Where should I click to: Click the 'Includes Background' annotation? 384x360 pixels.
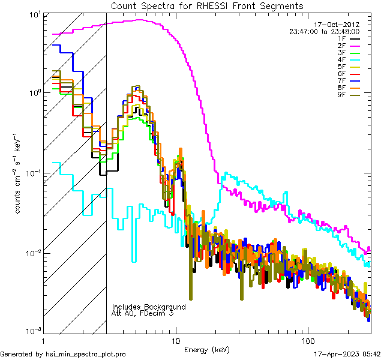click(149, 307)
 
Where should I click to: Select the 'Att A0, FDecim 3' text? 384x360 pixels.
click(143, 313)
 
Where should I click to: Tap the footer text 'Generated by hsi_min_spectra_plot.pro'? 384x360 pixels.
click(64, 354)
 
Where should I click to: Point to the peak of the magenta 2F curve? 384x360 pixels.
click(139, 20)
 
